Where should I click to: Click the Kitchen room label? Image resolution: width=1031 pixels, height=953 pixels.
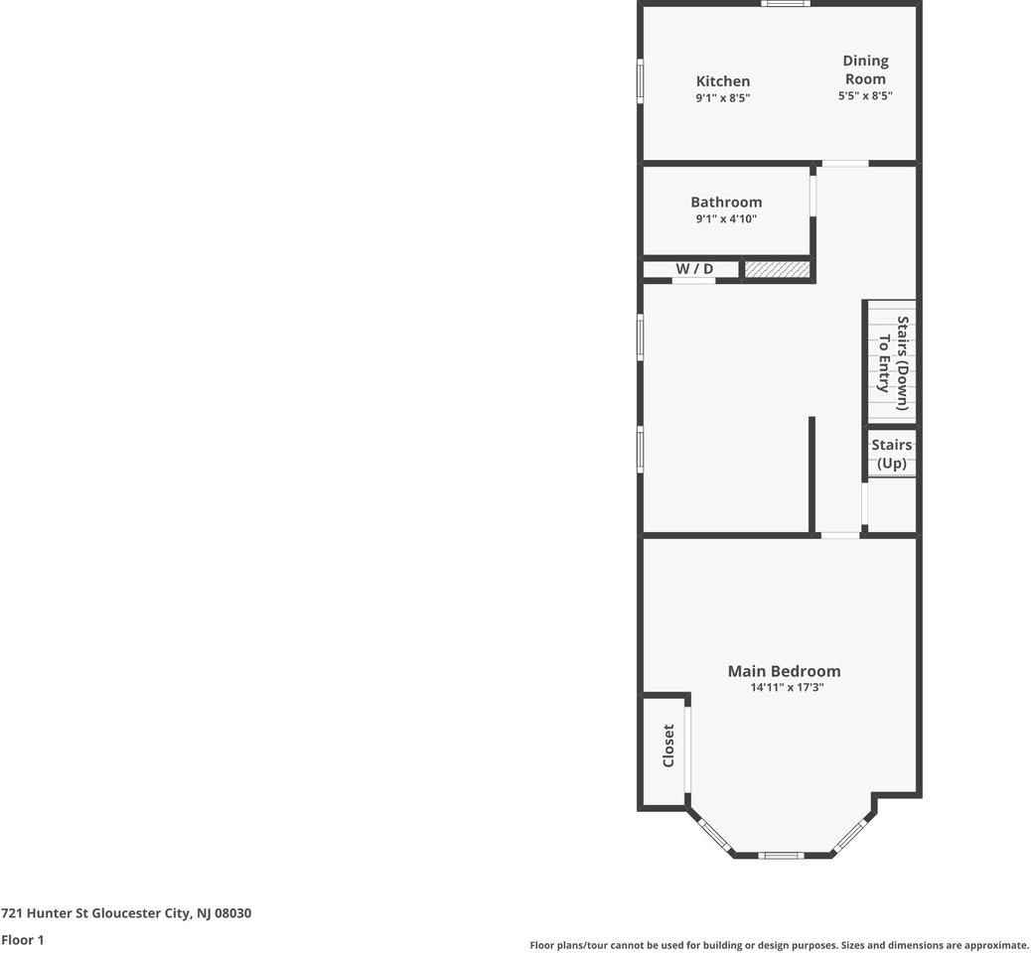click(722, 81)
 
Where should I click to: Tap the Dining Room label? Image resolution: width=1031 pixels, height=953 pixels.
click(865, 69)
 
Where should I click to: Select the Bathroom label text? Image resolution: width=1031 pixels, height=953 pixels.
click(726, 203)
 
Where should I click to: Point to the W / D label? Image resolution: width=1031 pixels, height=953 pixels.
click(694, 269)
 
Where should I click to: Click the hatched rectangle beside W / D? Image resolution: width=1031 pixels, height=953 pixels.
click(777, 269)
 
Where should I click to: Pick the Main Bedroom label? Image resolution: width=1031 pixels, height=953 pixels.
click(784, 671)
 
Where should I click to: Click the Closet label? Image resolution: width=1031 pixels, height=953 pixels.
click(668, 746)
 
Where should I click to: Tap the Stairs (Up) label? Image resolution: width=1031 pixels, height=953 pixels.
click(892, 454)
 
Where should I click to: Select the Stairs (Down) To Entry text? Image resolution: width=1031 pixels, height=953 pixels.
click(893, 363)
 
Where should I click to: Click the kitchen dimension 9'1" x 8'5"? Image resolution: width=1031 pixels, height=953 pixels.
click(722, 98)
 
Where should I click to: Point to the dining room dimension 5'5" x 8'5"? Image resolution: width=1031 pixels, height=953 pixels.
click(865, 96)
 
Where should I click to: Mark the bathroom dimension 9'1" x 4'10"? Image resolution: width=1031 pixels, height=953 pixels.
click(726, 219)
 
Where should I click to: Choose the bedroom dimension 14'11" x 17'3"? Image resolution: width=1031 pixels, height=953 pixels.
click(787, 687)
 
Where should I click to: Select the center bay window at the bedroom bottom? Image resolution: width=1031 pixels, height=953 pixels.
click(782, 855)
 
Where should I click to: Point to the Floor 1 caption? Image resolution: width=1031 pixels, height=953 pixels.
click(23, 939)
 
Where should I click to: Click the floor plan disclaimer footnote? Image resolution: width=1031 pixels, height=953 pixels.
click(779, 946)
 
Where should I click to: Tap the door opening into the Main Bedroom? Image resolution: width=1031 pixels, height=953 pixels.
click(840, 536)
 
